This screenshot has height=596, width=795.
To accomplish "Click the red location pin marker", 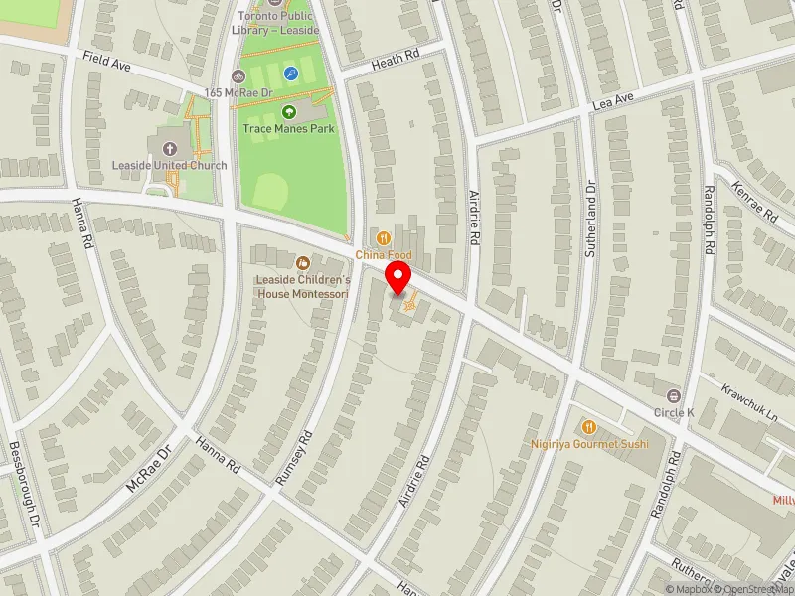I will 398,277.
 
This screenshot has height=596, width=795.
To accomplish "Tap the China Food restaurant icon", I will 384,238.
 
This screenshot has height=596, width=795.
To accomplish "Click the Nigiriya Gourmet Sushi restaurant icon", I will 589,426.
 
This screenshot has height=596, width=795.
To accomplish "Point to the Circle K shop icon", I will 674,395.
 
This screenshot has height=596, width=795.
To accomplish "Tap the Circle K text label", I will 674,412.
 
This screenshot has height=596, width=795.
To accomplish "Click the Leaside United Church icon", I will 164,147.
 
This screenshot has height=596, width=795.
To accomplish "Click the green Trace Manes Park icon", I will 289,112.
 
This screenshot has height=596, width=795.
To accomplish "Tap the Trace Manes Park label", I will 289,129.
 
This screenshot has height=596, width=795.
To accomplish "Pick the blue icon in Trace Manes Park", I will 291,74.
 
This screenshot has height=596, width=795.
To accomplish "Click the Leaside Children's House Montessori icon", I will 303,262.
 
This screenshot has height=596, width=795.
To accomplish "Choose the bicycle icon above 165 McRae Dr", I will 238,75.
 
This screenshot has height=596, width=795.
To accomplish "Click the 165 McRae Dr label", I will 238,92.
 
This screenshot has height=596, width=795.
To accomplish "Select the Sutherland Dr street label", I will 589,221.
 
